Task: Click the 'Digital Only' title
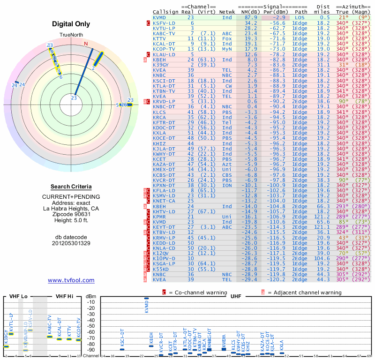(71, 24)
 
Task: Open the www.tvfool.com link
(71, 280)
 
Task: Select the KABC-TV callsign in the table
(164, 33)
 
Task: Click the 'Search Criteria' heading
(71, 187)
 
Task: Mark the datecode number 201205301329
(71, 243)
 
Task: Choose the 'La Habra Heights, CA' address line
(71, 208)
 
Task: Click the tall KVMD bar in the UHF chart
(147, 298)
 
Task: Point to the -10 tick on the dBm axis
(91, 302)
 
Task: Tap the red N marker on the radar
(86, 44)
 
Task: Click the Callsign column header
(165, 12)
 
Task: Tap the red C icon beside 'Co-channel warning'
(164, 292)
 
